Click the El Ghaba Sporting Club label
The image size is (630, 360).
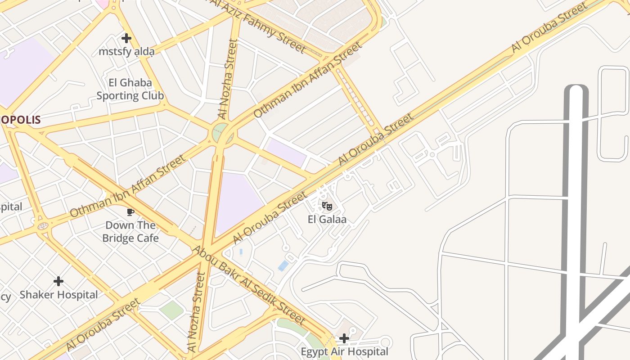coord(130,89)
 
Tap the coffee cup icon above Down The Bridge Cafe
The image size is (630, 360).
coord(130,211)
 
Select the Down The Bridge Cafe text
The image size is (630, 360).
coord(130,231)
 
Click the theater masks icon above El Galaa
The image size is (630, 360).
coord(327,206)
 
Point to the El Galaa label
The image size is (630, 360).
coord(327,220)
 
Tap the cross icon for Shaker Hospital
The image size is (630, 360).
coord(58,281)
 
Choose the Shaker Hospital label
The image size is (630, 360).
coord(58,295)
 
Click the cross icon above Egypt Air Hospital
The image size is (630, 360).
coord(344,338)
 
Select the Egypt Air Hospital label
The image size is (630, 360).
coord(344,351)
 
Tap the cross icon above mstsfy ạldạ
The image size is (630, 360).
coord(126,38)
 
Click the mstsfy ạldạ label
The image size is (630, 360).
coord(126,52)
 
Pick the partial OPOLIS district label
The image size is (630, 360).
coord(20,120)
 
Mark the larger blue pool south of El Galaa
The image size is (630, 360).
coord(283,265)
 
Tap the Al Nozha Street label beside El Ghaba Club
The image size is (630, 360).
coord(228,79)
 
